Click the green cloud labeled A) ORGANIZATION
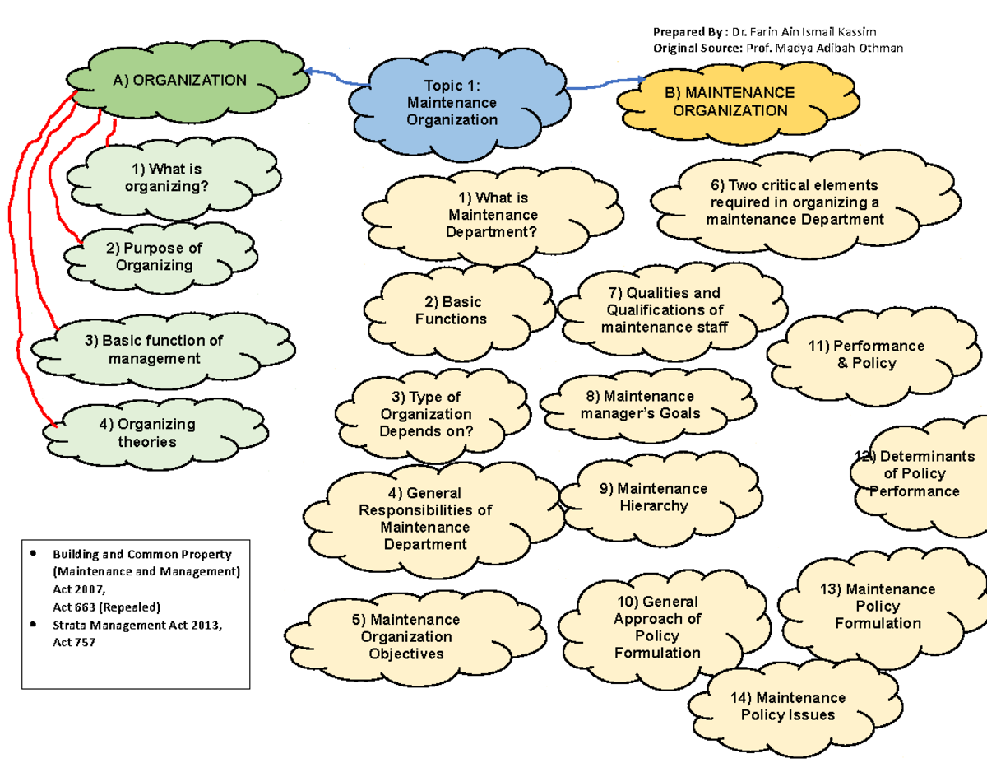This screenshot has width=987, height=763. (180, 81)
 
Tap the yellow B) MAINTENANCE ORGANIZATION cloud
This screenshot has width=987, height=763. (729, 102)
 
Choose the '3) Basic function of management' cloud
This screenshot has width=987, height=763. (155, 350)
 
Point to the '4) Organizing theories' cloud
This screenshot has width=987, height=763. (146, 433)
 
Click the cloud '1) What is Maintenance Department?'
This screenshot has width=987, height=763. (493, 216)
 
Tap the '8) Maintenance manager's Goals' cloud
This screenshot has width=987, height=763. (640, 405)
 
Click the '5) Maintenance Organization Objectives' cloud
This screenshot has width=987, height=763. (404, 636)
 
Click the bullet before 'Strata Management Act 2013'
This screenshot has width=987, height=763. (32, 624)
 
